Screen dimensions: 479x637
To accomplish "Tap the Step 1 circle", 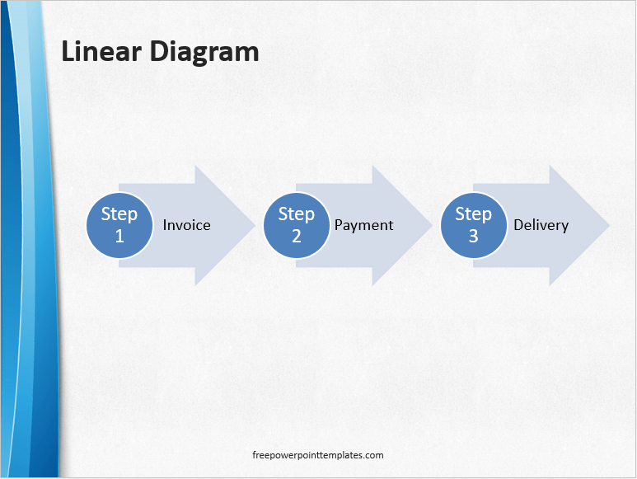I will coord(119,225).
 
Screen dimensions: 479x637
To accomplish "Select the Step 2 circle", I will coord(297,225).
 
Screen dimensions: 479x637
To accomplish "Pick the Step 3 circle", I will coord(473,225).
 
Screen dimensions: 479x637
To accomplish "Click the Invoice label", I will coord(187,225).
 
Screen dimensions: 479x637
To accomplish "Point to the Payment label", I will coord(363,225).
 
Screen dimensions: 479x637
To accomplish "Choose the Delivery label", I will coord(541,225).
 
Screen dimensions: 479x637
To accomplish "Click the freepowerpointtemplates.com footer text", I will coord(318,455).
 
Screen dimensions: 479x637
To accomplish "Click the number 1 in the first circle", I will coord(119,236).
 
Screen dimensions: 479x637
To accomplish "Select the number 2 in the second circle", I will coord(297,236).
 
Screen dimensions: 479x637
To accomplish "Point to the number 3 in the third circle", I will coord(473,236).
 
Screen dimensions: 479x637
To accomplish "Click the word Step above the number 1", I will coord(119,214).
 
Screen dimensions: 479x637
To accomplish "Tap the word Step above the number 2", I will coord(297,214).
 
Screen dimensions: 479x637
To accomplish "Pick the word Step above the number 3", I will coord(473,214).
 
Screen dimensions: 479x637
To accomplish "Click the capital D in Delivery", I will coord(518,225).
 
